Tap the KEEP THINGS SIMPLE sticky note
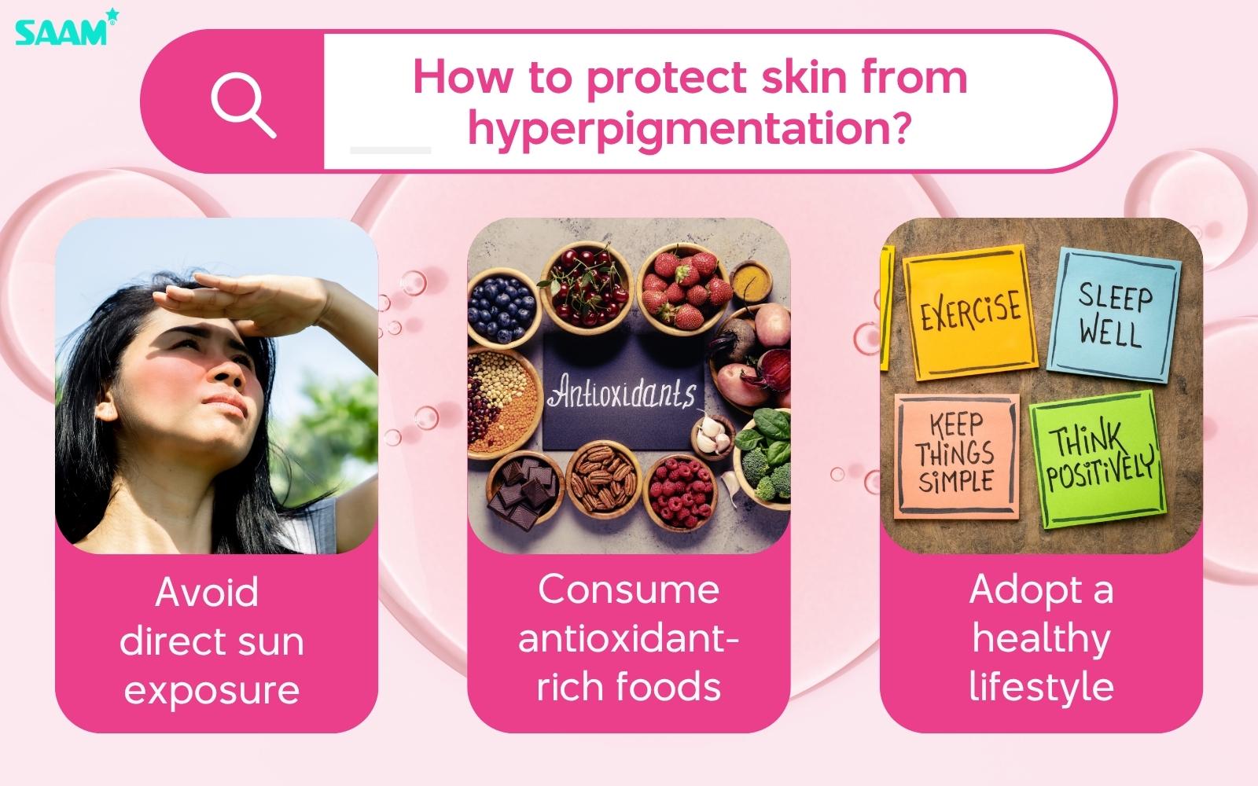[955, 454]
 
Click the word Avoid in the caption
[207, 593]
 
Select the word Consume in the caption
[628, 590]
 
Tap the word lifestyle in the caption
[1041, 686]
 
